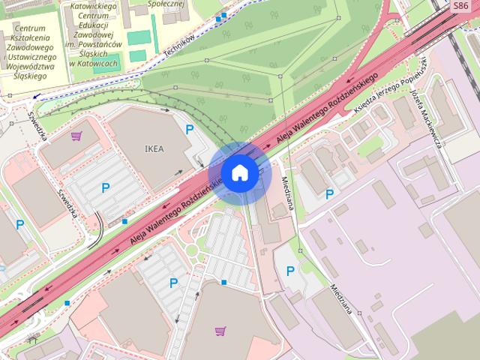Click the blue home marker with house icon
click(x=239, y=172)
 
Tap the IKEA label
click(x=153, y=148)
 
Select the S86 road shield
click(x=460, y=6)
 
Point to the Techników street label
click(x=179, y=47)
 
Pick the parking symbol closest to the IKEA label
click(x=190, y=129)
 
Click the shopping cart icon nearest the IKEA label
click(x=76, y=136)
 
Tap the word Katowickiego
click(x=93, y=6)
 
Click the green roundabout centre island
click(x=191, y=250)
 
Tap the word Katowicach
click(x=93, y=64)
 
